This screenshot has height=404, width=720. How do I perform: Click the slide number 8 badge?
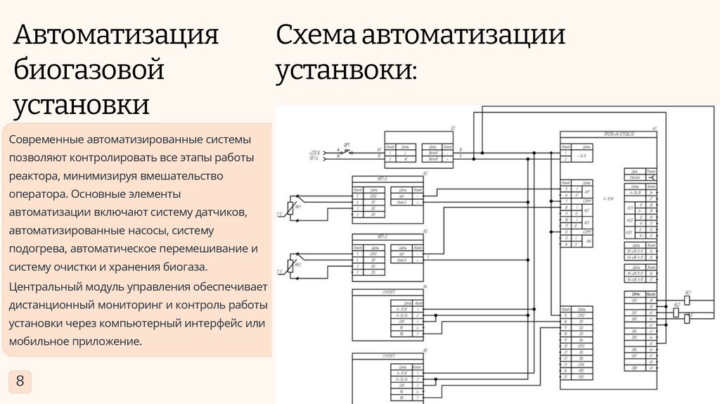click(x=20, y=381)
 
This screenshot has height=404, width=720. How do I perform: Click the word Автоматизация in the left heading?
click(x=117, y=35)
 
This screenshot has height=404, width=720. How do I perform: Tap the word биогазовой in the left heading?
click(x=89, y=70)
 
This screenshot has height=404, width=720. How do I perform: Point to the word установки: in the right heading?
click(x=346, y=70)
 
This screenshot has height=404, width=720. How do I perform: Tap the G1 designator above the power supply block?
click(x=454, y=127)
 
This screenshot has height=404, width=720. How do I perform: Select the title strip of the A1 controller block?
click(x=609, y=134)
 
